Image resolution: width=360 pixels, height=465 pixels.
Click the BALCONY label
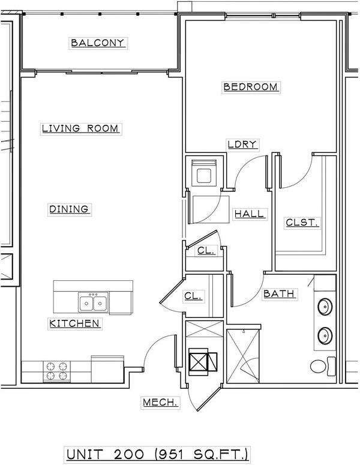click(x=98, y=43)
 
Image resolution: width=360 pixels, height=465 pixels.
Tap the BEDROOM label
click(x=251, y=87)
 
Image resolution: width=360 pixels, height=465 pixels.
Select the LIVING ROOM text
click(x=80, y=129)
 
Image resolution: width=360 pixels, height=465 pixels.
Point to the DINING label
click(x=69, y=209)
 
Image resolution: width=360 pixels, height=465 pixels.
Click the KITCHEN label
click(x=74, y=323)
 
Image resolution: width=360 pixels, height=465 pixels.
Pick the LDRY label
click(x=242, y=144)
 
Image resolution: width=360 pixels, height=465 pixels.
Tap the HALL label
click(x=249, y=214)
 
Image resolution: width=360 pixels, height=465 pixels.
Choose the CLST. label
click(x=302, y=223)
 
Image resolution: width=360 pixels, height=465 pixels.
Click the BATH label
click(x=279, y=293)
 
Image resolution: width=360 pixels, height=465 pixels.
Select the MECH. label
click(x=160, y=403)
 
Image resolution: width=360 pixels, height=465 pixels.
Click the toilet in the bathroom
click(x=323, y=367)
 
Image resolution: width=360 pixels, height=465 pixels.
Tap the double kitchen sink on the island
click(x=93, y=302)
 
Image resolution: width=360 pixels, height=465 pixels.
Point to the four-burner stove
click(x=56, y=371)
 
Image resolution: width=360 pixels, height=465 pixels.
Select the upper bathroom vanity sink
click(x=325, y=307)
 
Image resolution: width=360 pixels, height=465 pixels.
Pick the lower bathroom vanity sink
click(x=325, y=335)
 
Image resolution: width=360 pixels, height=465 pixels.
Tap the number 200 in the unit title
click(x=129, y=454)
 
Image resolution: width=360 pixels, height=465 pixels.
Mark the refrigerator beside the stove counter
click(x=107, y=369)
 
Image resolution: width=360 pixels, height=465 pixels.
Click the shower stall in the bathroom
click(x=243, y=356)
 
